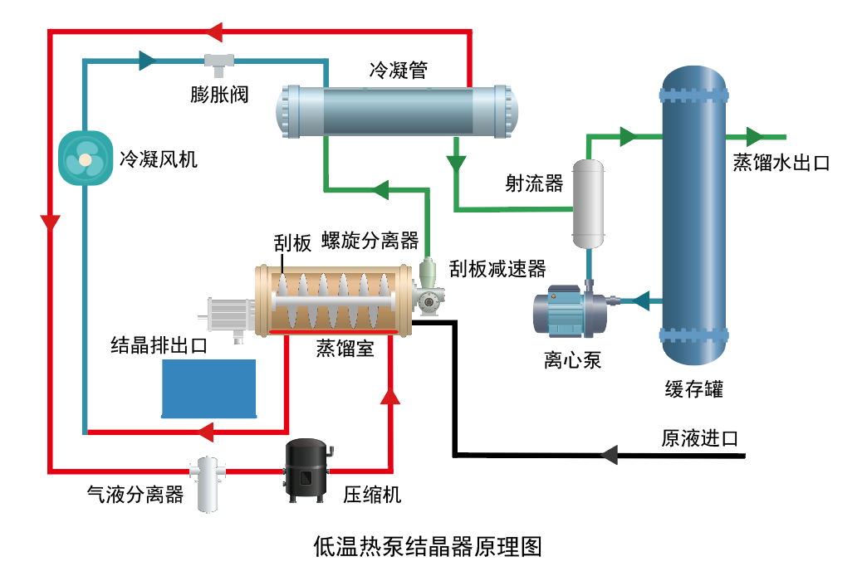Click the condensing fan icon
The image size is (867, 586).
tap(85, 157)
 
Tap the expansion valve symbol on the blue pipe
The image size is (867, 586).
tap(219, 61)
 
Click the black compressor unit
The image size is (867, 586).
tap(308, 470)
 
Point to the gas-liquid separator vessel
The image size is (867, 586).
tap(208, 482)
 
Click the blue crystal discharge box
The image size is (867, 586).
tap(208, 388)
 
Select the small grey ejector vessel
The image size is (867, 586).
tap(589, 204)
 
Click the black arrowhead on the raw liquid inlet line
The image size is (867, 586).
tap(609, 454)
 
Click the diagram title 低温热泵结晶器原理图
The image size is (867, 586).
tap(428, 547)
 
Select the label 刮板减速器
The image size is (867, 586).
tap(497, 268)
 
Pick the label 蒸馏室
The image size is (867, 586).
tap(344, 349)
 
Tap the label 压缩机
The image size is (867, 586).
tap(372, 495)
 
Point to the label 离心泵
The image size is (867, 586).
tap(572, 360)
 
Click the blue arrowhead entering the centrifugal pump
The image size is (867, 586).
tap(639, 300)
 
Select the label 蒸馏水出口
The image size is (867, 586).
tap(781, 163)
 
